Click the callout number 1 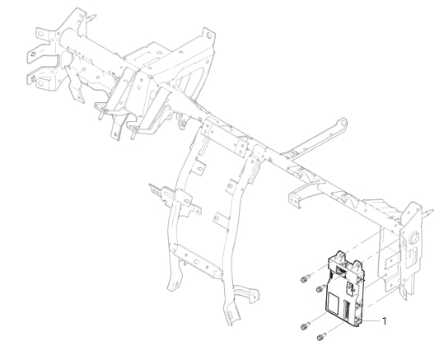click(384, 321)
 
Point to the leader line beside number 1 click(372, 321)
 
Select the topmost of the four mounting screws click(305, 279)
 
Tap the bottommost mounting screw click(321, 336)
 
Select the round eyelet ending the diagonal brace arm click(343, 123)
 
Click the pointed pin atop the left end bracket click(91, 17)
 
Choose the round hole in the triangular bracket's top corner click(209, 35)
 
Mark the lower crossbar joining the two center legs click(196, 260)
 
